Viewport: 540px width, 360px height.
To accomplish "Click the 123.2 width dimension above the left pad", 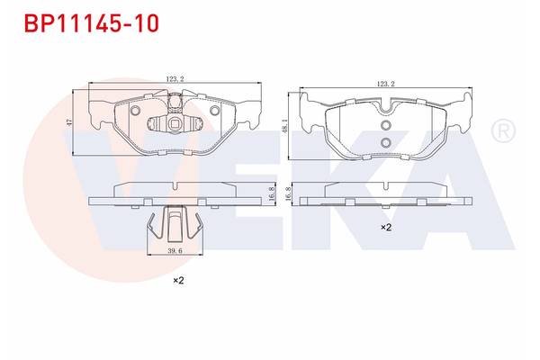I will click(x=175, y=79).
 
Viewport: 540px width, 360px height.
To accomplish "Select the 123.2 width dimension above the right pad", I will click(x=387, y=84).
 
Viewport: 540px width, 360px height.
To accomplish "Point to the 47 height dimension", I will click(x=68, y=121).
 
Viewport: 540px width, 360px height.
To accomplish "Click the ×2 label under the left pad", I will click(x=178, y=281).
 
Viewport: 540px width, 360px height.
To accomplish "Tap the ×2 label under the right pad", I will click(x=385, y=228).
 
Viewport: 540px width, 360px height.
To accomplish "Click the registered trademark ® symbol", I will click(x=500, y=132).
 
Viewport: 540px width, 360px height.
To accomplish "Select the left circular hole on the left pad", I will click(x=135, y=111).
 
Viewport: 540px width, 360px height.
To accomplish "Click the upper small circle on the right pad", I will click(x=385, y=127).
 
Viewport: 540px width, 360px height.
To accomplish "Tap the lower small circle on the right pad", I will click(x=385, y=143).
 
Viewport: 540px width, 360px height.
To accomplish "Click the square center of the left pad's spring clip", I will click(x=175, y=123).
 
